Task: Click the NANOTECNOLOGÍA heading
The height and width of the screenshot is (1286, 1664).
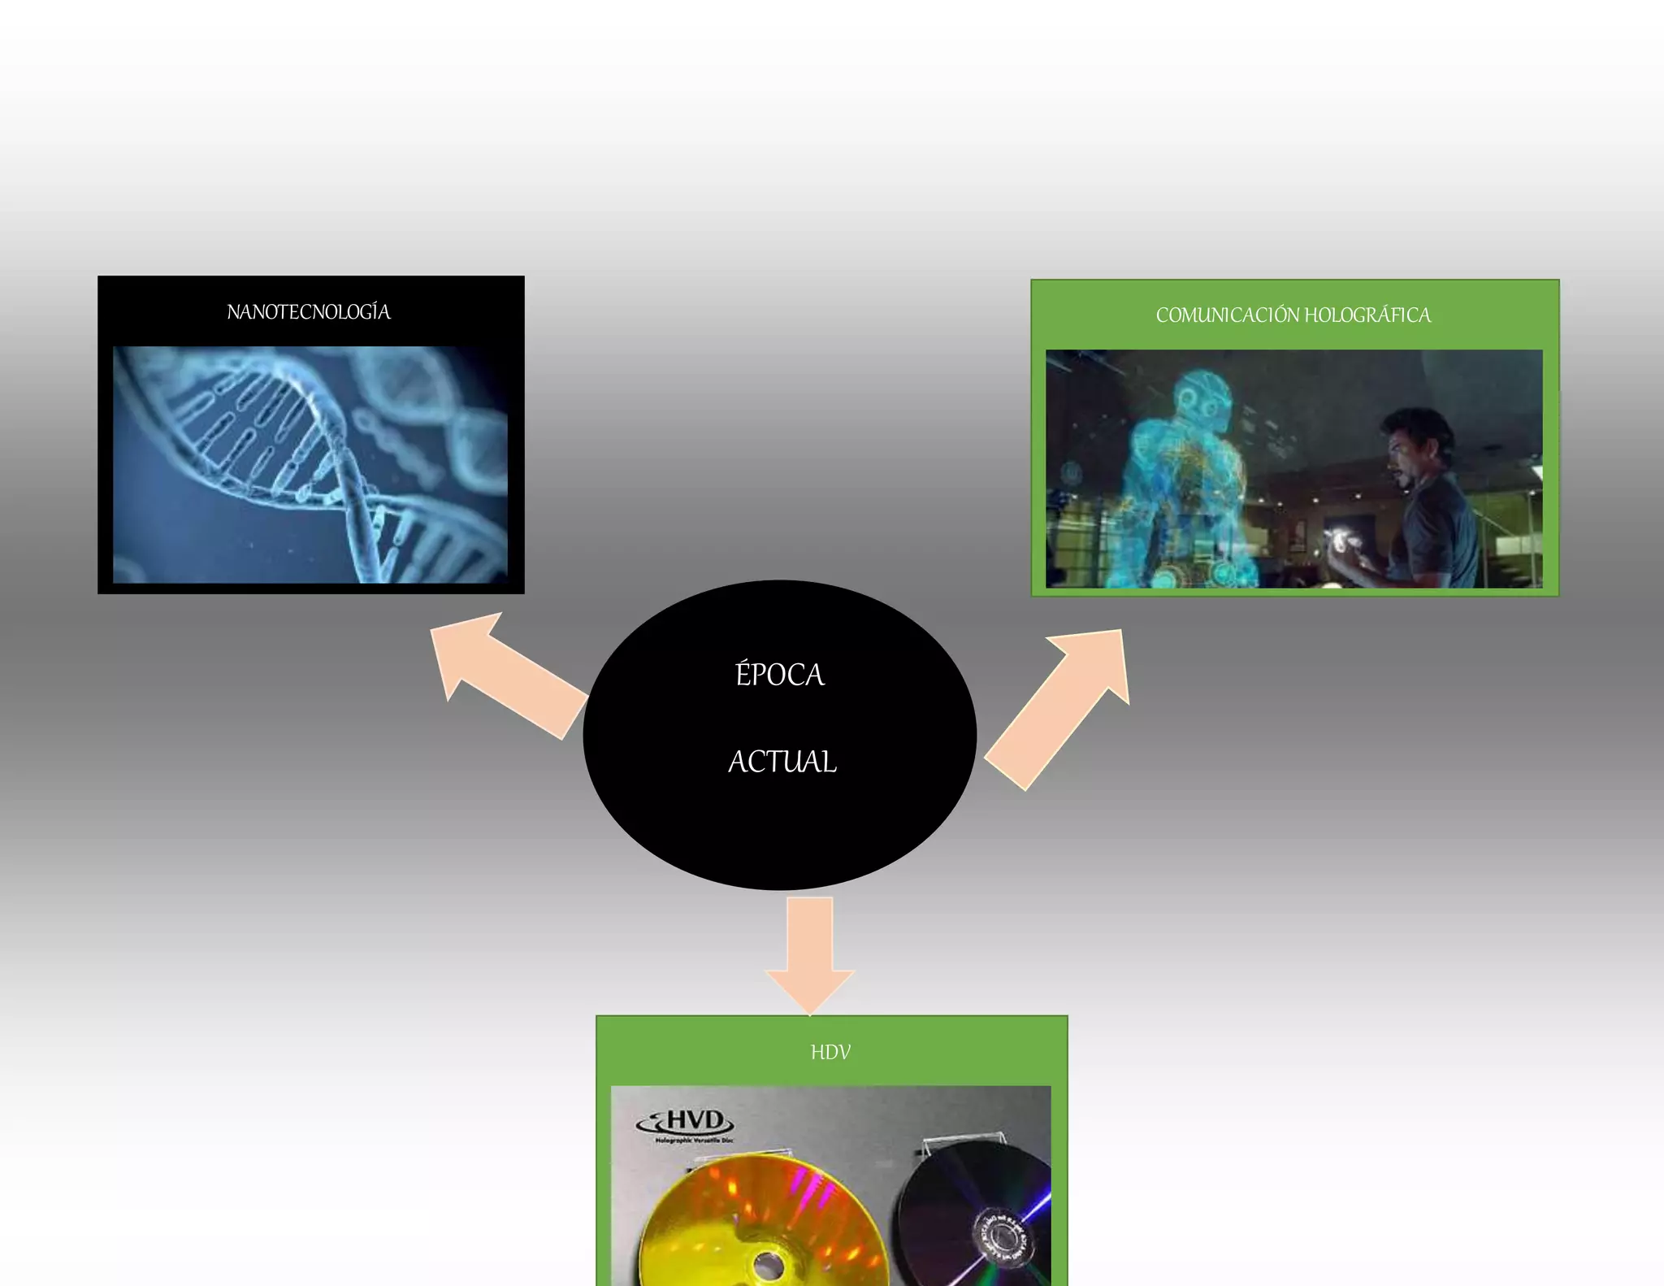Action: [309, 312]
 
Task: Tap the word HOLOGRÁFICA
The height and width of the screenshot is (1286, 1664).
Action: [1367, 315]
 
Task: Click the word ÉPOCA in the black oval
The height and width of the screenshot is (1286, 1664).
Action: [780, 675]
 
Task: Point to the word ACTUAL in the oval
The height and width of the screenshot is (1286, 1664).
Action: [782, 762]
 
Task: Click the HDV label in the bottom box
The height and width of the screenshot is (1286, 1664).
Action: [830, 1053]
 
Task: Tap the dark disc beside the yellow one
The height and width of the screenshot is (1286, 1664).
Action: [975, 1211]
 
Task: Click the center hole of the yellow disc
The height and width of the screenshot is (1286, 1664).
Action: [767, 1265]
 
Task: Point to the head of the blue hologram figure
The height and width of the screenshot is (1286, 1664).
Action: [1201, 398]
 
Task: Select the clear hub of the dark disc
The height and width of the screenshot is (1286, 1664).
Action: [1002, 1236]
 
